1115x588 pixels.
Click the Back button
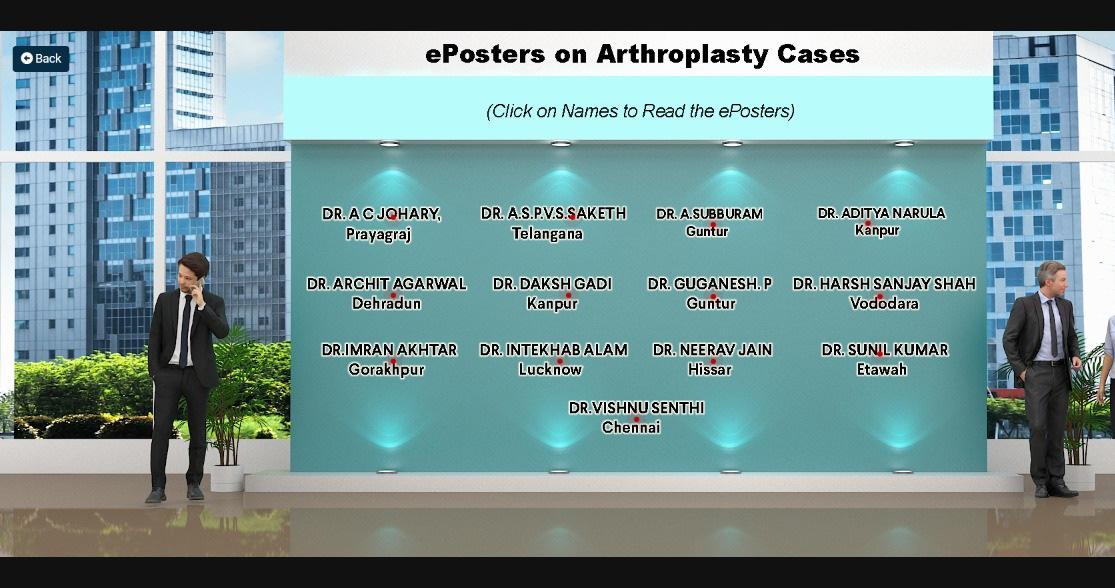point(41,58)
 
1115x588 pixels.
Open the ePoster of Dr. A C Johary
point(381,213)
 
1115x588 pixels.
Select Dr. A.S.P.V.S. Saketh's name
point(553,213)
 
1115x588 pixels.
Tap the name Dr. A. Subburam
point(709,213)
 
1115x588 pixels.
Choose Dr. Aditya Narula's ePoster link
point(881,213)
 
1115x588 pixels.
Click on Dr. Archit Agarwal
point(386,284)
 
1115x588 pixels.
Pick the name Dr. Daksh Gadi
point(552,284)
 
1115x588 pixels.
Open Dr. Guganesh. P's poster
point(709,284)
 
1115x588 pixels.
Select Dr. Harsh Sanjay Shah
point(884,284)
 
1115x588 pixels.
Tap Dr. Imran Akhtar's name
point(389,350)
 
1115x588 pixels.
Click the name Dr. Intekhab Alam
point(553,350)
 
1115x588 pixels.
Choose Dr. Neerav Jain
point(712,350)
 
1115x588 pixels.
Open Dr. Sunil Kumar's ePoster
point(885,350)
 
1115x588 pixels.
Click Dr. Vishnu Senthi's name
point(636,408)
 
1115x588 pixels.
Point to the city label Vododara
point(884,304)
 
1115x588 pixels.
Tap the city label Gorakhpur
point(386,370)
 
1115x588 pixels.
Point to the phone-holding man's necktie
point(185,331)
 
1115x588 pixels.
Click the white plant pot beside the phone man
point(227,478)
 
